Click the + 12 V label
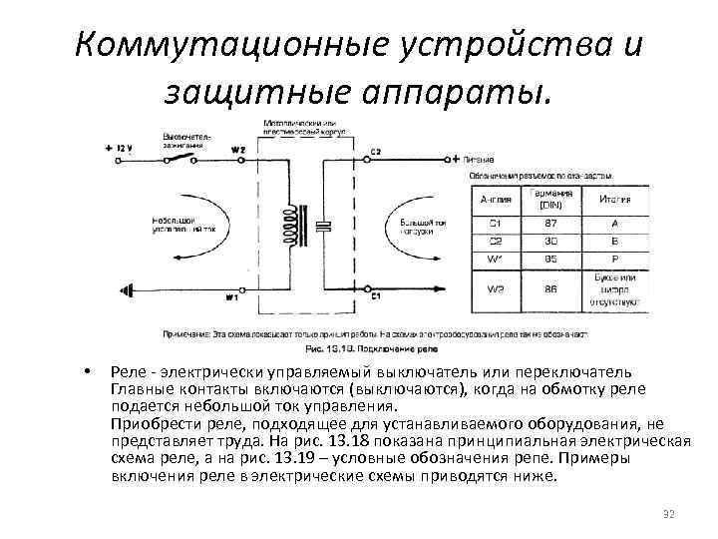(x=119, y=148)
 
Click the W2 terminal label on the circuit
(x=237, y=150)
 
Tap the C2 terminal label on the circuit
(x=375, y=152)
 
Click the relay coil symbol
(x=292, y=227)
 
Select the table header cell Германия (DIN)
(x=556, y=199)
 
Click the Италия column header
(x=614, y=199)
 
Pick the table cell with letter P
(x=614, y=258)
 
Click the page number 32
(x=668, y=515)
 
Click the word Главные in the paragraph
(x=145, y=387)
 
